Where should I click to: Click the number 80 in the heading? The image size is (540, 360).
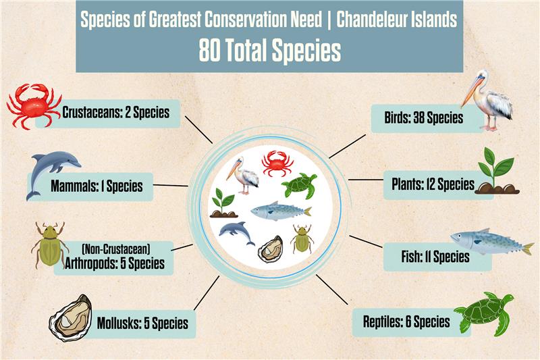[x=210, y=51]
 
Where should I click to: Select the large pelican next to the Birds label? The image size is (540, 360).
[x=487, y=100]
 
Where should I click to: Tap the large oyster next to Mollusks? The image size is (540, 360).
[x=71, y=318]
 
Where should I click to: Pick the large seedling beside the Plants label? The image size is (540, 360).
[x=497, y=171]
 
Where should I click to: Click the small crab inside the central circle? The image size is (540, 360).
[x=277, y=163]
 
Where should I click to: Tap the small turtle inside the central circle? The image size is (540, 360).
[x=299, y=186]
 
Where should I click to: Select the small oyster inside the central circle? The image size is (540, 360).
[x=271, y=249]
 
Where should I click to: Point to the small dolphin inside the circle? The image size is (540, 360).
[x=237, y=233]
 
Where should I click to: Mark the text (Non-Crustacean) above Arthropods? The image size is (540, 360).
[x=116, y=249]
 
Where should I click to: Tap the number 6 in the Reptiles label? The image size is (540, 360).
[x=408, y=322]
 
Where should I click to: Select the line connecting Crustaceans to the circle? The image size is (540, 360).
[x=198, y=130]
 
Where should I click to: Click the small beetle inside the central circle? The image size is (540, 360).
[x=302, y=238]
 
